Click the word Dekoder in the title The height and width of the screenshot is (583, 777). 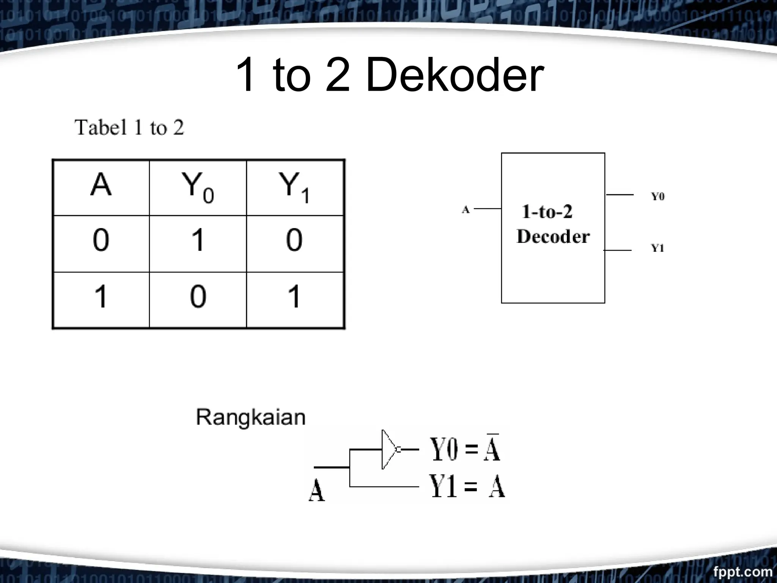coord(455,75)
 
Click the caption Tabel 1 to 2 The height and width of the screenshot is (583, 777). coord(129,128)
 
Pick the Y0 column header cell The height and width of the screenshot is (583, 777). coord(198,188)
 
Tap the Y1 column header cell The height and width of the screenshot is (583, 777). coord(295,188)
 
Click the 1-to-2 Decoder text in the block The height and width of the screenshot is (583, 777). coord(552,225)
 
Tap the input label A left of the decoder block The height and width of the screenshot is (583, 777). coord(466,210)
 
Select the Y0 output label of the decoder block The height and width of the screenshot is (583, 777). coord(658,197)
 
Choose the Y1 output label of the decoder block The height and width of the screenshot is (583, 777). coord(658,248)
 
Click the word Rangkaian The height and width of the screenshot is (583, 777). coord(250,418)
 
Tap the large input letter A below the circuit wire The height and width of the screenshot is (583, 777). coord(316,490)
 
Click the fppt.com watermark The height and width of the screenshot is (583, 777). coord(742,572)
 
